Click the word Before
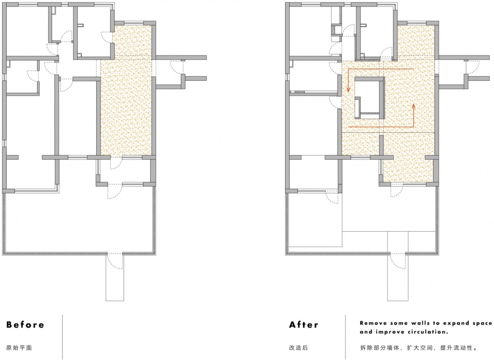(x=25, y=324)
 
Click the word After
(x=304, y=324)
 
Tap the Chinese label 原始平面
(x=19, y=348)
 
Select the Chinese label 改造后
(x=298, y=348)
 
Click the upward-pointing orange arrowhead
(x=414, y=106)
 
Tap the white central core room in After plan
(x=369, y=95)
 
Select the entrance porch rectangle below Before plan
(x=115, y=278)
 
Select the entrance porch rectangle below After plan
(x=398, y=278)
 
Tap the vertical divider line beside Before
(x=62, y=337)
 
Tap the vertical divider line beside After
(x=345, y=337)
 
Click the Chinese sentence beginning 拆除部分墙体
(x=419, y=348)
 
